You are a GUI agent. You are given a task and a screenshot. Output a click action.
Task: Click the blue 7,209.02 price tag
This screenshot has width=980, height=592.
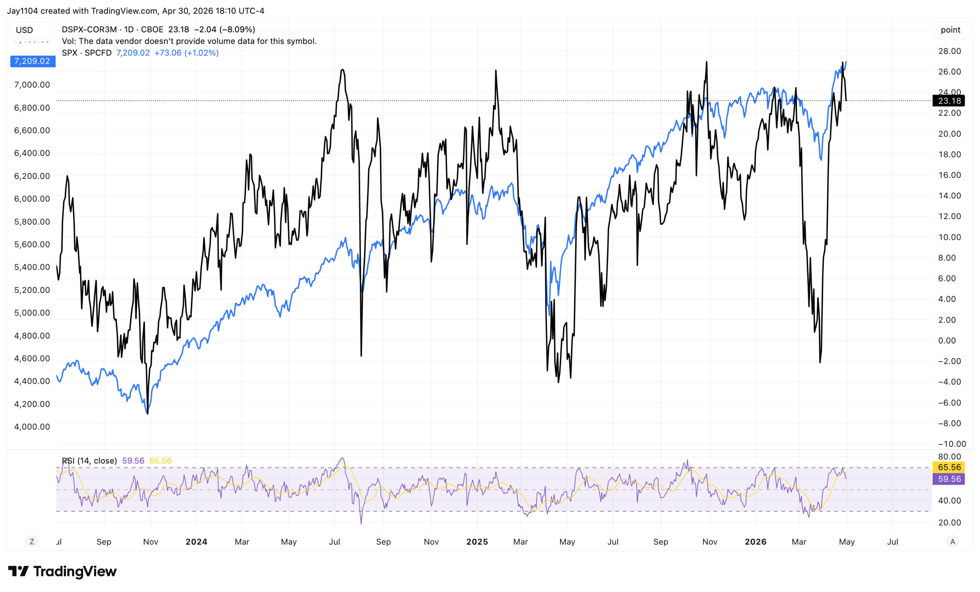[x=32, y=61]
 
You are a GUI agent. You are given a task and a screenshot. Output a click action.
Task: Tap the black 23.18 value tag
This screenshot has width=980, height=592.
[x=949, y=101]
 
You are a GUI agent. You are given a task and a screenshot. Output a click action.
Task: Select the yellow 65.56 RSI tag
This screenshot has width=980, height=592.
[x=949, y=467]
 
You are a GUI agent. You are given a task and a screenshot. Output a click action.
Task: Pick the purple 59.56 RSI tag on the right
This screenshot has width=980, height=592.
[x=949, y=479]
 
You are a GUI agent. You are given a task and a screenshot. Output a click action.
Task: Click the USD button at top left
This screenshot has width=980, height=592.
[x=24, y=30]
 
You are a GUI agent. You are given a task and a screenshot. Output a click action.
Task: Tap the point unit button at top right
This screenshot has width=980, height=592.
[x=950, y=30]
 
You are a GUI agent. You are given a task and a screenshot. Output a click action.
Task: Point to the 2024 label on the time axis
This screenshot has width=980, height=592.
[x=196, y=541]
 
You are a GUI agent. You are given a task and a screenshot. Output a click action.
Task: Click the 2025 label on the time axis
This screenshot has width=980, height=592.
[x=477, y=541]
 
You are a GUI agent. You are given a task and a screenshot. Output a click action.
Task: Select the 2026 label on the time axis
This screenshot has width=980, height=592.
[x=755, y=541]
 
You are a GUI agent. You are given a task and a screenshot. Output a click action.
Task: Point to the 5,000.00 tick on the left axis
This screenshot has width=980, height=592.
[x=32, y=313]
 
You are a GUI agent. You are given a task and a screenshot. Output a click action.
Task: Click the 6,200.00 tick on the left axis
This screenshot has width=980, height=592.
[x=32, y=176]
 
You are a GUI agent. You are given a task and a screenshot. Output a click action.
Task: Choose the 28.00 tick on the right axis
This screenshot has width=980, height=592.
[x=949, y=51]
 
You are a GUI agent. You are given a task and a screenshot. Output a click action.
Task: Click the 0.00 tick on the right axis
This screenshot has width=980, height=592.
[x=949, y=340]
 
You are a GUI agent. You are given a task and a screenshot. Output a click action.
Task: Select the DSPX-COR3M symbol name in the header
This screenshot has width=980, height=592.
[x=89, y=29]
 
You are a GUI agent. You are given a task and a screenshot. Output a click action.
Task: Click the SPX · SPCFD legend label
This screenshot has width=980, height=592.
[x=87, y=53]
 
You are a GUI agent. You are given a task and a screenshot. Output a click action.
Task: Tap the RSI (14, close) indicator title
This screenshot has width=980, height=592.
[x=89, y=461]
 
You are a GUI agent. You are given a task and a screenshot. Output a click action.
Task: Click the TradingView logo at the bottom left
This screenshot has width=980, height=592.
[x=62, y=571]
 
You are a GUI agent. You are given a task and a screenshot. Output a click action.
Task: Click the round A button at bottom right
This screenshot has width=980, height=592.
[x=952, y=541]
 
